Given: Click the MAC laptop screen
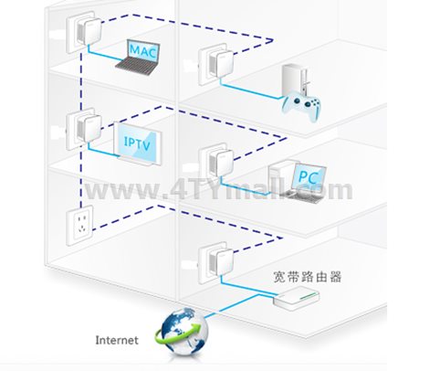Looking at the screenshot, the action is point(142,51).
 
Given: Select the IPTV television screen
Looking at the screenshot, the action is point(138,143).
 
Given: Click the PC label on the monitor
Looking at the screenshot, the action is point(308,176).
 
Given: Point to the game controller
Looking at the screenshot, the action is point(301,107).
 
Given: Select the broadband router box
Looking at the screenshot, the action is point(296,299).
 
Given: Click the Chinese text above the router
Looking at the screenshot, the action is point(308,277).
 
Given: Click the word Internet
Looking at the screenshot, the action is point(117,340).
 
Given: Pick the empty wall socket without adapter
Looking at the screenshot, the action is point(80,226).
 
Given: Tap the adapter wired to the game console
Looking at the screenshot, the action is point(216,65).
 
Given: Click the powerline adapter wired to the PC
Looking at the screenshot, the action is point(216,164).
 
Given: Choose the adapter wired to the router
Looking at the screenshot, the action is point(216,263).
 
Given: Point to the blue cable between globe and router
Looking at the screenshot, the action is point(238,305).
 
